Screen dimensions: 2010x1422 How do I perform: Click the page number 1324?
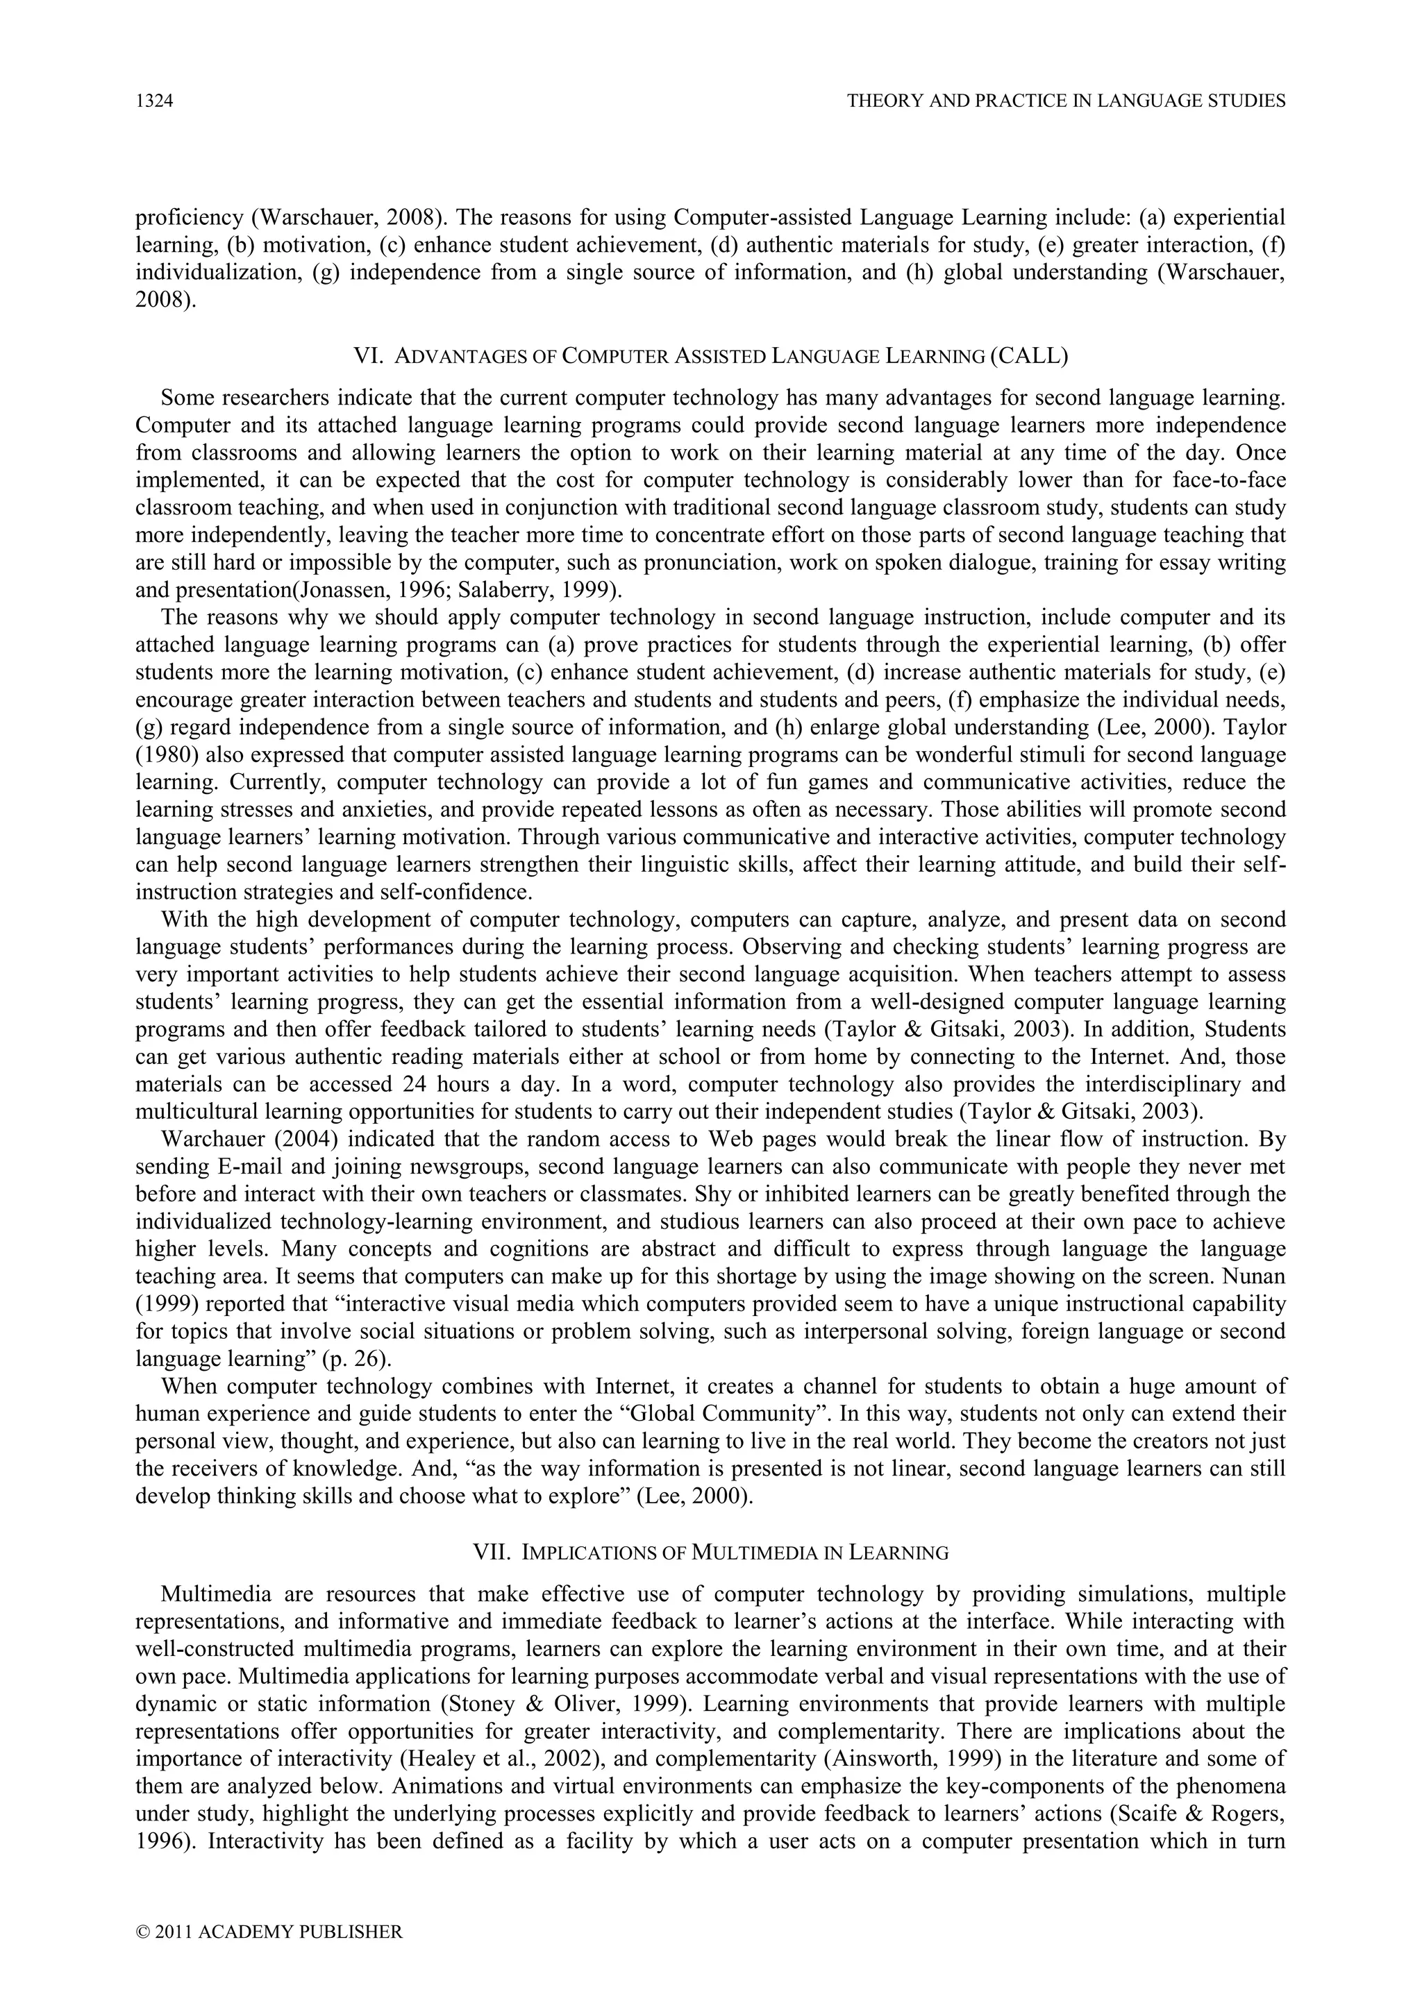point(154,101)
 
